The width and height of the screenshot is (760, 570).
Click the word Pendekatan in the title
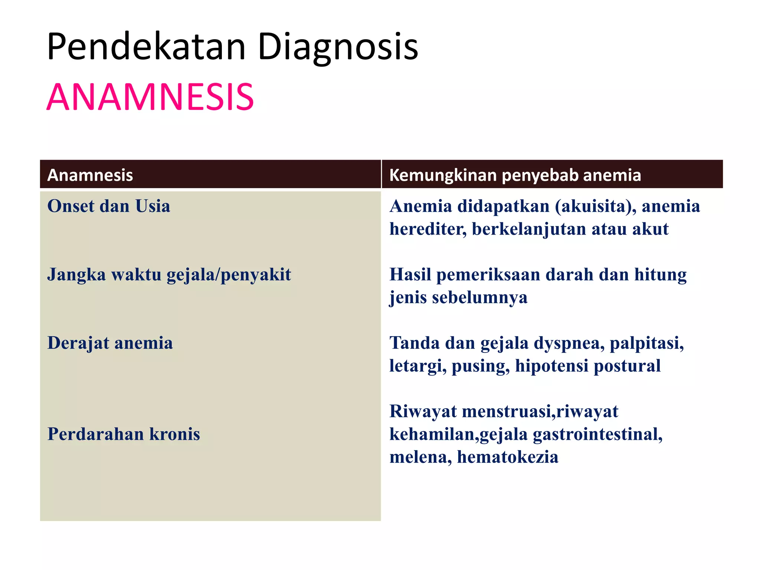147,47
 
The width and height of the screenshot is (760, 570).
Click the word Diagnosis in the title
338,47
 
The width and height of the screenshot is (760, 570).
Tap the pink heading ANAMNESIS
150,97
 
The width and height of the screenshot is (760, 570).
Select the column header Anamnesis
90,175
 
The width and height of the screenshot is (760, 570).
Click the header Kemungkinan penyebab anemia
515,175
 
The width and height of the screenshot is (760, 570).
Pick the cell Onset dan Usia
109,206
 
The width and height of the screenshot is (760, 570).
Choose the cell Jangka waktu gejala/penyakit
169,275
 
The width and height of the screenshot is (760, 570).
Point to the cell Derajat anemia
110,343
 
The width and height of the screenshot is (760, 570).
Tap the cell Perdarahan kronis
124,434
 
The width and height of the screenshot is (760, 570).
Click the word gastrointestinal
597,434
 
